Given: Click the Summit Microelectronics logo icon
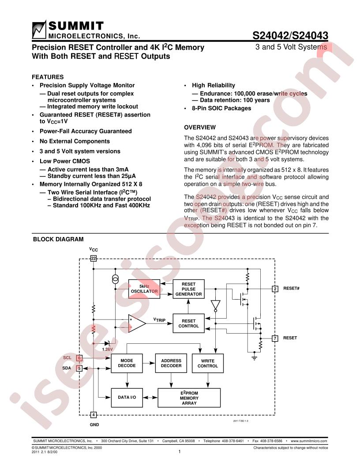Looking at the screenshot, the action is (39, 30).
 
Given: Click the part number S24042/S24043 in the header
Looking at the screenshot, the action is (290, 36).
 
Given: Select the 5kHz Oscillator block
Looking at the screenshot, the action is (144, 289).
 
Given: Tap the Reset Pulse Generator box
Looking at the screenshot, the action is (189, 289).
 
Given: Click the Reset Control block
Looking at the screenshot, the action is (189, 323).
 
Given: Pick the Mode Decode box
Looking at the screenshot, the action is (127, 363).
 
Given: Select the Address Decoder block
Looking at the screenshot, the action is (171, 363).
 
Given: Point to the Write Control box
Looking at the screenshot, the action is (208, 363).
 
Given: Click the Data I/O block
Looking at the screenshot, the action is (127, 397).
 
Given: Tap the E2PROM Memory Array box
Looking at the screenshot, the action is (189, 398).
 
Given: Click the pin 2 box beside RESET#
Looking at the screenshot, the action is (275, 289).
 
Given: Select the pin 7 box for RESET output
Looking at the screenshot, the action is (275, 338).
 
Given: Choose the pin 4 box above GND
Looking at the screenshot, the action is (93, 414).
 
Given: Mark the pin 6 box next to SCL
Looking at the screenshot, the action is (79, 358).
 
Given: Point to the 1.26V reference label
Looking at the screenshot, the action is (107, 349).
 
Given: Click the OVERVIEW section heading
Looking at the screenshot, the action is (200, 128).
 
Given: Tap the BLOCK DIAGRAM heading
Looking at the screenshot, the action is (58, 239).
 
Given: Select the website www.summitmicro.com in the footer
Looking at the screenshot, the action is (309, 441).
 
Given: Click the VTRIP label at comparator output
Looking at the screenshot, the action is (160, 320).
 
